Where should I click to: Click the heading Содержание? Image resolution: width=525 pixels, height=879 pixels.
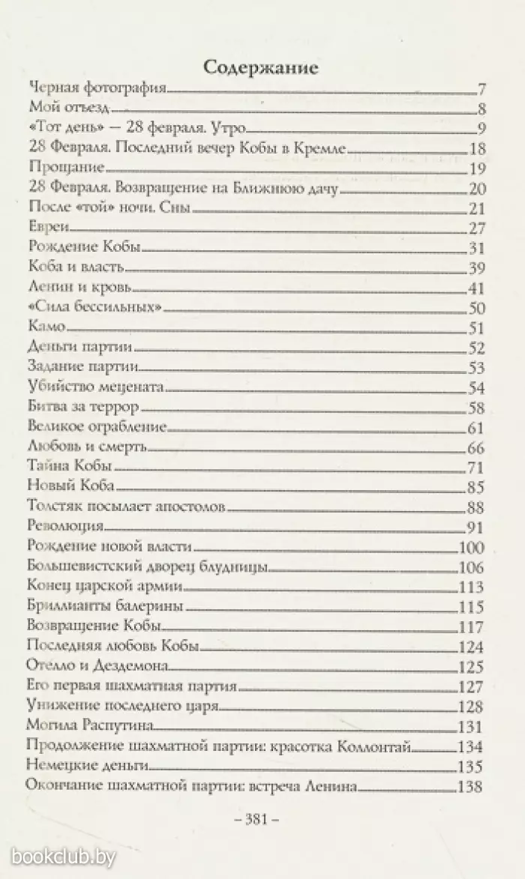262,68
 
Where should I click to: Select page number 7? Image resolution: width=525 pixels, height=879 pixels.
482,90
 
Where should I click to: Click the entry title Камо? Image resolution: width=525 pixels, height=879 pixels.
47,326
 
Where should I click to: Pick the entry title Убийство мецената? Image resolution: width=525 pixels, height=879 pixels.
94,387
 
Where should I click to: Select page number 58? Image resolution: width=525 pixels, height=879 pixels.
478,408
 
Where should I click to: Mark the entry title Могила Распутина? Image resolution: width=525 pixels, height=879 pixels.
89,725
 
